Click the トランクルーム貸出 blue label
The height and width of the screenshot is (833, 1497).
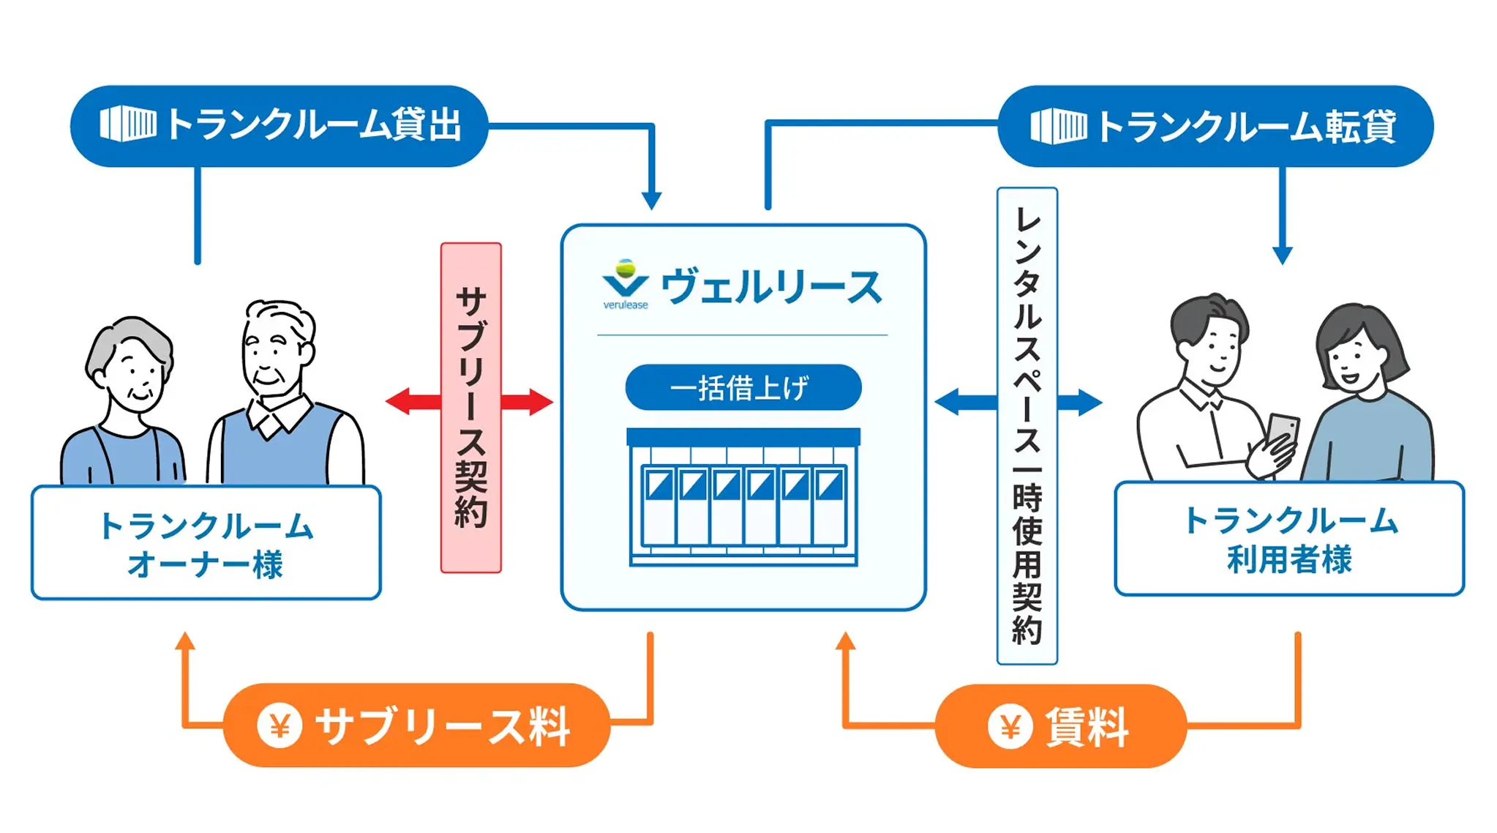pyautogui.click(x=279, y=126)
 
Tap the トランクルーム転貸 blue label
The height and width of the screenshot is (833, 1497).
pyautogui.click(x=1215, y=126)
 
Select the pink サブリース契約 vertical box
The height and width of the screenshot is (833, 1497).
pyautogui.click(x=470, y=408)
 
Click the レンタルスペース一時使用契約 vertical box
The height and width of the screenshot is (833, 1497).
pyautogui.click(x=1027, y=425)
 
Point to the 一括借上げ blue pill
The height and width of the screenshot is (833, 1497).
pyautogui.click(x=743, y=387)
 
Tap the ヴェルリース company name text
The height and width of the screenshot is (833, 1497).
pyautogui.click(x=771, y=287)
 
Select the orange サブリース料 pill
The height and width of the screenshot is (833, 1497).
pyautogui.click(x=416, y=725)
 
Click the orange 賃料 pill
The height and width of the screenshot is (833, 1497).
pyautogui.click(x=1059, y=726)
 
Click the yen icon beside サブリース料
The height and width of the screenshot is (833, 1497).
pyautogui.click(x=279, y=725)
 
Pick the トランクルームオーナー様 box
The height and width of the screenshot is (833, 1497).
pyautogui.click(x=206, y=542)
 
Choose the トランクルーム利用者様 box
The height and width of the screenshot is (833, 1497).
pyautogui.click(x=1288, y=539)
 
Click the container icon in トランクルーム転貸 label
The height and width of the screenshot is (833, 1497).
pyautogui.click(x=1057, y=126)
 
